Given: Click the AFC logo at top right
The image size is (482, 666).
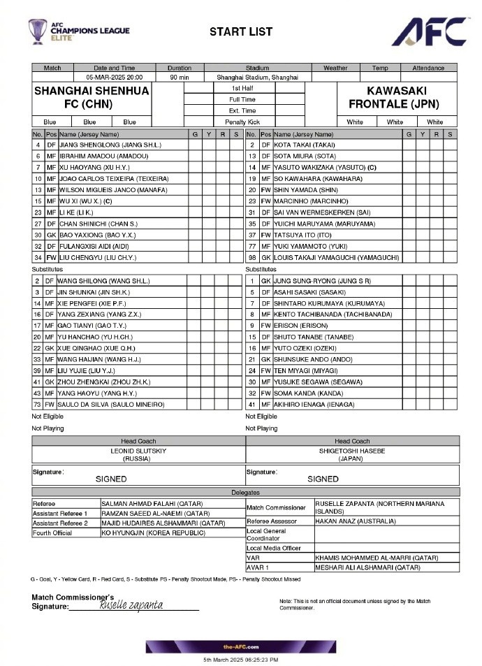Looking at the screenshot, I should point(429,31).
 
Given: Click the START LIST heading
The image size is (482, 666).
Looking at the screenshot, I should point(241,31).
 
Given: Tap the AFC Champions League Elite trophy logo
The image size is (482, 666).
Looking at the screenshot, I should point(38,32).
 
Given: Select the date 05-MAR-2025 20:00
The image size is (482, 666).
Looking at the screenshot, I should point(115,78).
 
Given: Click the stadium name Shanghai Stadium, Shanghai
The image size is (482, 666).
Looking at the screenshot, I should point(257,78).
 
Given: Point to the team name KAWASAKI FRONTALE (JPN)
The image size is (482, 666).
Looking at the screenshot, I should point(397,98).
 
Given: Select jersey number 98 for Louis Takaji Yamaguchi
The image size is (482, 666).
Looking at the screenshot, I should point(251,258).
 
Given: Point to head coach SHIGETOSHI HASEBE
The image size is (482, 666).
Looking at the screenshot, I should point(352,451).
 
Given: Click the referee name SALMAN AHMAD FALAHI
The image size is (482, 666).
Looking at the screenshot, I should point(151,503).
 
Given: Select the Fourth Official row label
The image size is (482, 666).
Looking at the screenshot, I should point(52,533).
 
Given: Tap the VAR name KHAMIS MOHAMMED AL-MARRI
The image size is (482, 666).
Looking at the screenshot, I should point(377,558).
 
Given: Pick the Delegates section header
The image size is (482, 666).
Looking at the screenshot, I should point(245,493).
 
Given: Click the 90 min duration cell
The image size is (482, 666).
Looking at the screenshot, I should point(180,78).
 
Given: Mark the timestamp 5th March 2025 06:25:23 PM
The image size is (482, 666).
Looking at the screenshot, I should point(241,660).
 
